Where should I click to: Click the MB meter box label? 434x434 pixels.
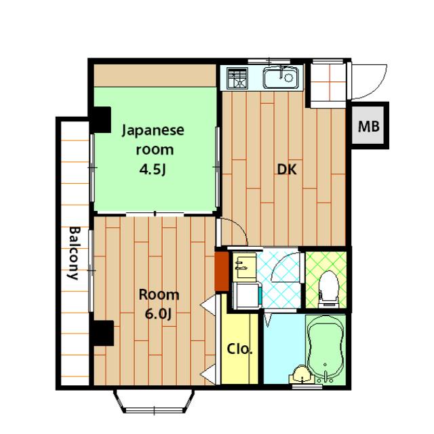369,126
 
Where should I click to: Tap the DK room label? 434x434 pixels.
287,170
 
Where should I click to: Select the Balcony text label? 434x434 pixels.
74,253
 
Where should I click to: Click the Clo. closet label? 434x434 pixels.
239,349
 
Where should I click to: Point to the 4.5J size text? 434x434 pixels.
153,170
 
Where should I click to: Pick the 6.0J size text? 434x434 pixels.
159,314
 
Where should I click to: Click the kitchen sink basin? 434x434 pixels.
281,78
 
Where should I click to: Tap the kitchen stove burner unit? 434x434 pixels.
237,79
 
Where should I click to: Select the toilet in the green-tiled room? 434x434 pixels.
328,289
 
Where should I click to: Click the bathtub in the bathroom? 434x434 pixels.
325,349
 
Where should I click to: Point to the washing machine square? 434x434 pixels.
247,296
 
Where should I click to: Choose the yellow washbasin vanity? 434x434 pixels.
244,266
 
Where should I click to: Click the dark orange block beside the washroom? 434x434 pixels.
222,271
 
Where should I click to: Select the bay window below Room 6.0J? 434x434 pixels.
154,401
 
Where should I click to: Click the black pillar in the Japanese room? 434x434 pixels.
101,119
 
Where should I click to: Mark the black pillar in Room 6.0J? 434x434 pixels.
103,333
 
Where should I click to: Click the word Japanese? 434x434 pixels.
153,130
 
